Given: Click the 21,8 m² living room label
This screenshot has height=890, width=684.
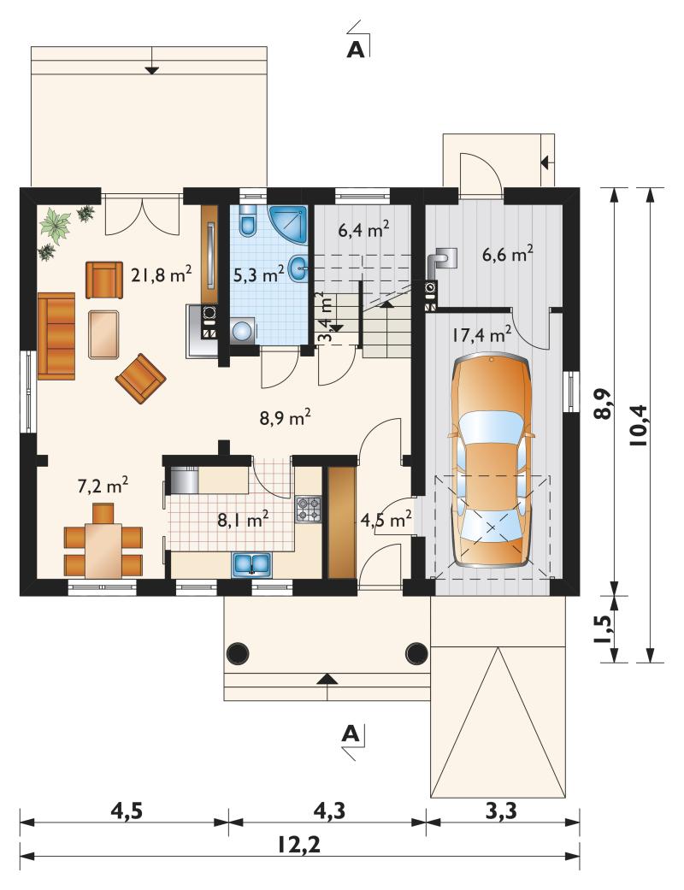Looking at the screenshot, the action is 162,275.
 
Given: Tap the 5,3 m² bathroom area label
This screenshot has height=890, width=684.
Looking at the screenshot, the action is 259,275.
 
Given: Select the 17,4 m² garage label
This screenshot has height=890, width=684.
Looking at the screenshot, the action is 481,335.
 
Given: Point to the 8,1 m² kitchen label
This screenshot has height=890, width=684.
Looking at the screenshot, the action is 242,519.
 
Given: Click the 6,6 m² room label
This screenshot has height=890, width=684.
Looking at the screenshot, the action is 507,255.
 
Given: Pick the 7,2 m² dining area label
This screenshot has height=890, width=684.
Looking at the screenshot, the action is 103,486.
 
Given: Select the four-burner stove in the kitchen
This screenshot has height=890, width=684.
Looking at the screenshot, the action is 308,510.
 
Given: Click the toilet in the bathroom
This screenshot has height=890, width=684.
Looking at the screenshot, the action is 248,221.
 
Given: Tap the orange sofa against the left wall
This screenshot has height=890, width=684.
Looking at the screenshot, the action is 56,335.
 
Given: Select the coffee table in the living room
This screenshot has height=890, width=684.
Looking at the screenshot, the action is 103,333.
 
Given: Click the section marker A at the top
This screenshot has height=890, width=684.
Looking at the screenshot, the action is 356,50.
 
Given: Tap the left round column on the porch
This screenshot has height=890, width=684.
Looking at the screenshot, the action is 238,653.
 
